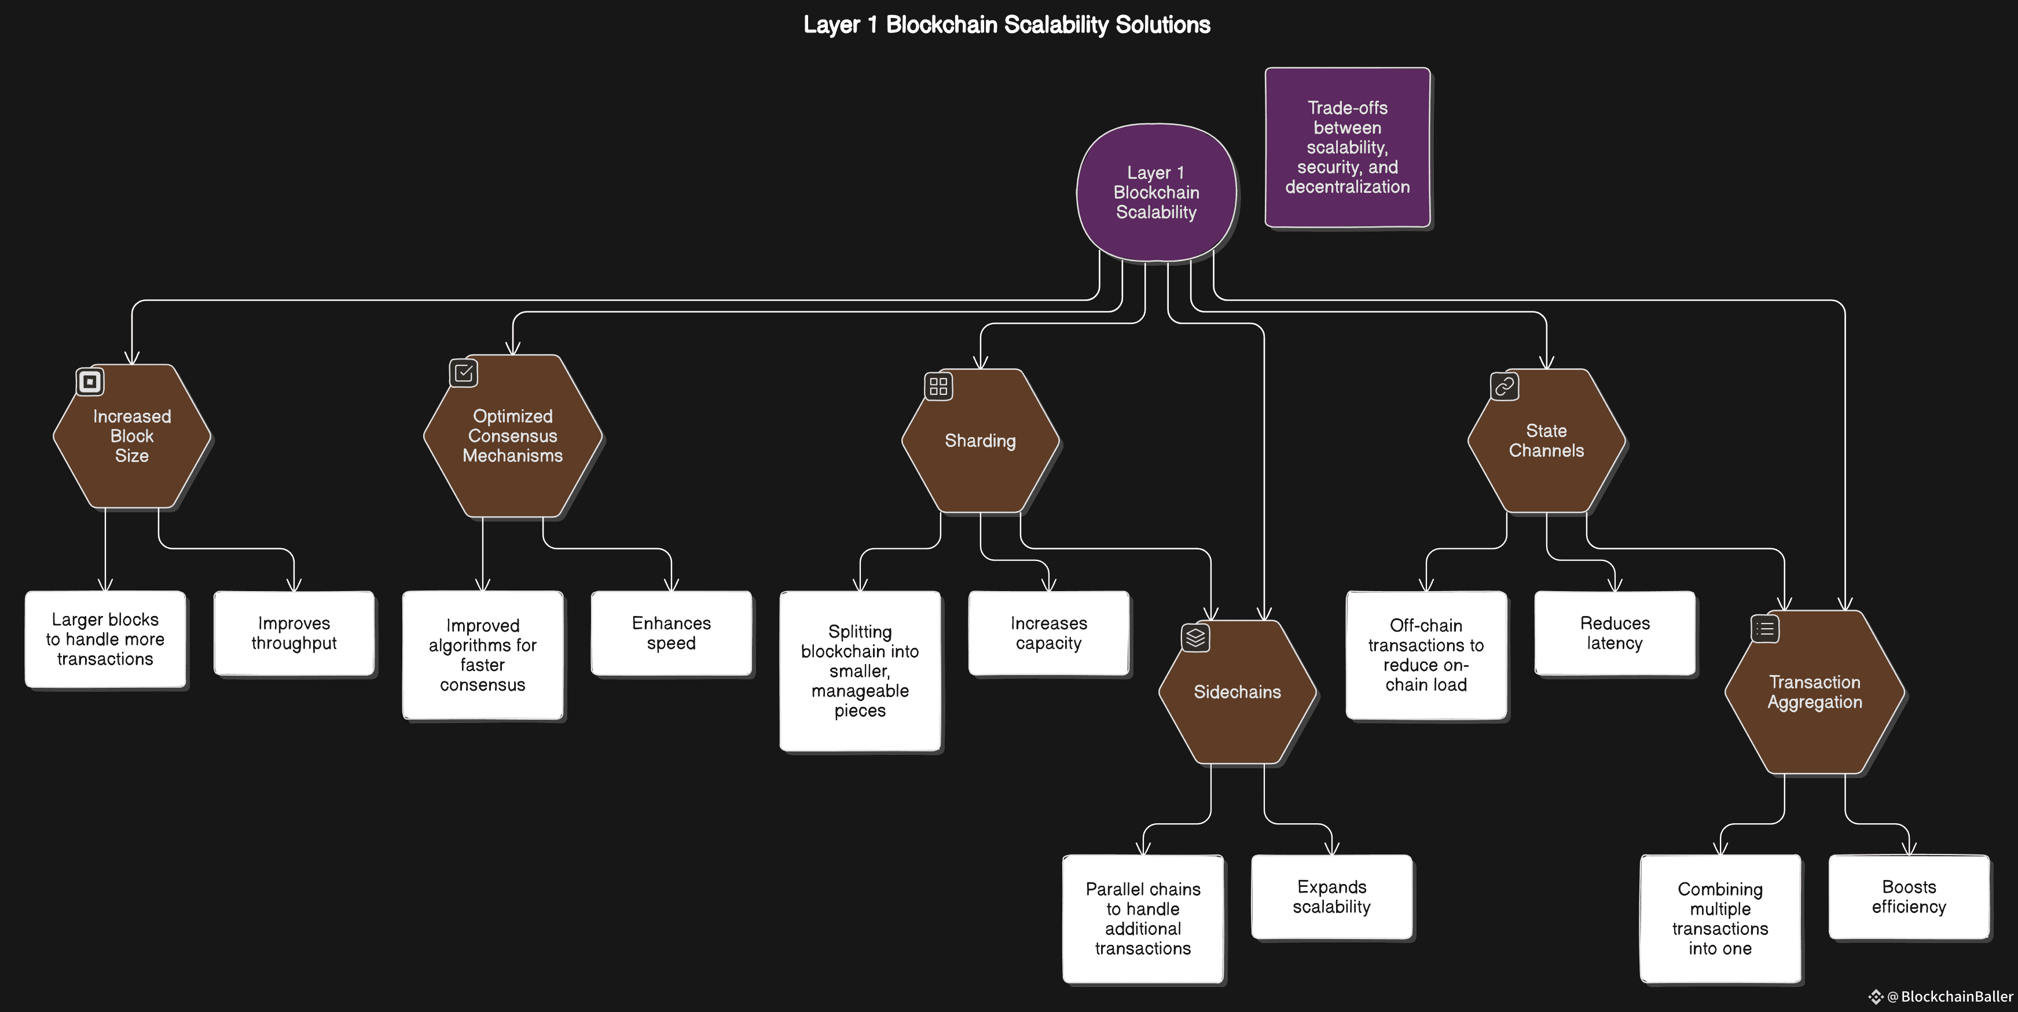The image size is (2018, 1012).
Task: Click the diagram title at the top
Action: (x=1007, y=25)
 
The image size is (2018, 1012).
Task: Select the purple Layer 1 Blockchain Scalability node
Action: (x=1156, y=192)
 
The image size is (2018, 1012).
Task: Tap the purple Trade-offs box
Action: (x=1348, y=147)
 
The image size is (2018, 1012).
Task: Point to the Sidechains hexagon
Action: (x=1237, y=692)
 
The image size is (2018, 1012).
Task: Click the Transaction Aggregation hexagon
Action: (x=1814, y=692)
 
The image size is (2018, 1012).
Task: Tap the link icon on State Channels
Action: (x=1504, y=386)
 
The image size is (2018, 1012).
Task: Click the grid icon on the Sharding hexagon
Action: (x=938, y=386)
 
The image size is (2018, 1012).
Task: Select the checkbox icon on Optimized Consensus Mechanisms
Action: (x=464, y=372)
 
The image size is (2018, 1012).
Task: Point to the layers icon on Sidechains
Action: (x=1195, y=637)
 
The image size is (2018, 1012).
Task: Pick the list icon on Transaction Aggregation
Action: (x=1765, y=628)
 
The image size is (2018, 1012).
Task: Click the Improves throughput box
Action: (x=293, y=633)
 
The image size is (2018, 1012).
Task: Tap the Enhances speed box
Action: (x=672, y=633)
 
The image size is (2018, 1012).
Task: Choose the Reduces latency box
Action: (x=1615, y=633)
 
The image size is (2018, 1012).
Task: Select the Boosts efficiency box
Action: (x=1909, y=897)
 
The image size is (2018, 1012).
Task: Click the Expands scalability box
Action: (x=1332, y=897)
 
